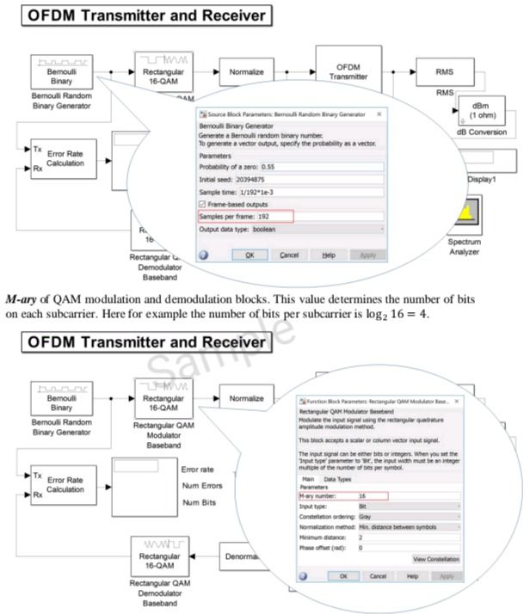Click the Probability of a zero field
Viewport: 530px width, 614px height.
click(309, 165)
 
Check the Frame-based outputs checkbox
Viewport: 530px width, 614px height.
click(203, 204)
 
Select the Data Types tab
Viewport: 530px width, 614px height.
click(337, 479)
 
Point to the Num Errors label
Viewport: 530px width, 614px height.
click(201, 485)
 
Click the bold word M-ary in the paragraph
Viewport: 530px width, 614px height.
click(22, 299)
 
